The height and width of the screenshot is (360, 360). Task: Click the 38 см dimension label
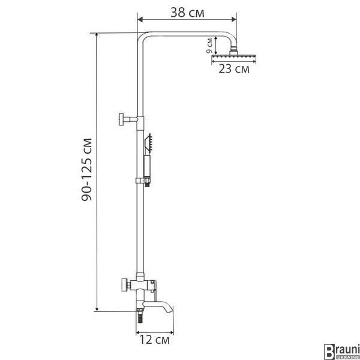point(187,13)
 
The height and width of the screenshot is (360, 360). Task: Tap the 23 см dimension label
point(234,69)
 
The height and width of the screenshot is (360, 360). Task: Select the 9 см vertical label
point(209,46)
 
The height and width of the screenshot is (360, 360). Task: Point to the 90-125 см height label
point(87,170)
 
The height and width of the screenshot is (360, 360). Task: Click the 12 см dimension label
point(155,340)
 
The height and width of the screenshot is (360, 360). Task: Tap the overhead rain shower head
point(233,56)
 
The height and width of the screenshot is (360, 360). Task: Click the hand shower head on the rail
point(148,143)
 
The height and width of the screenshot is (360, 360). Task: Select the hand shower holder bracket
point(144,181)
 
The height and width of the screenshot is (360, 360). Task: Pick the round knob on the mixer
point(125,284)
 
